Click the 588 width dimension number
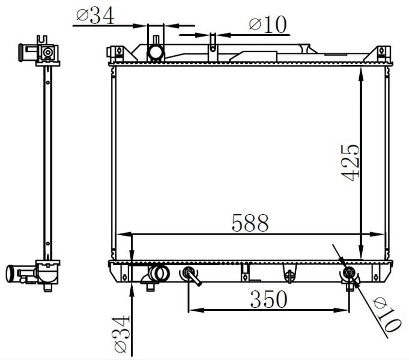point(250,223)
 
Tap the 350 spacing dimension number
point(268,299)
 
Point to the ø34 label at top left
point(95,16)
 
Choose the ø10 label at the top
point(268,25)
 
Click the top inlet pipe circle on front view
point(156,52)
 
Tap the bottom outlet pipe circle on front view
point(160,273)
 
